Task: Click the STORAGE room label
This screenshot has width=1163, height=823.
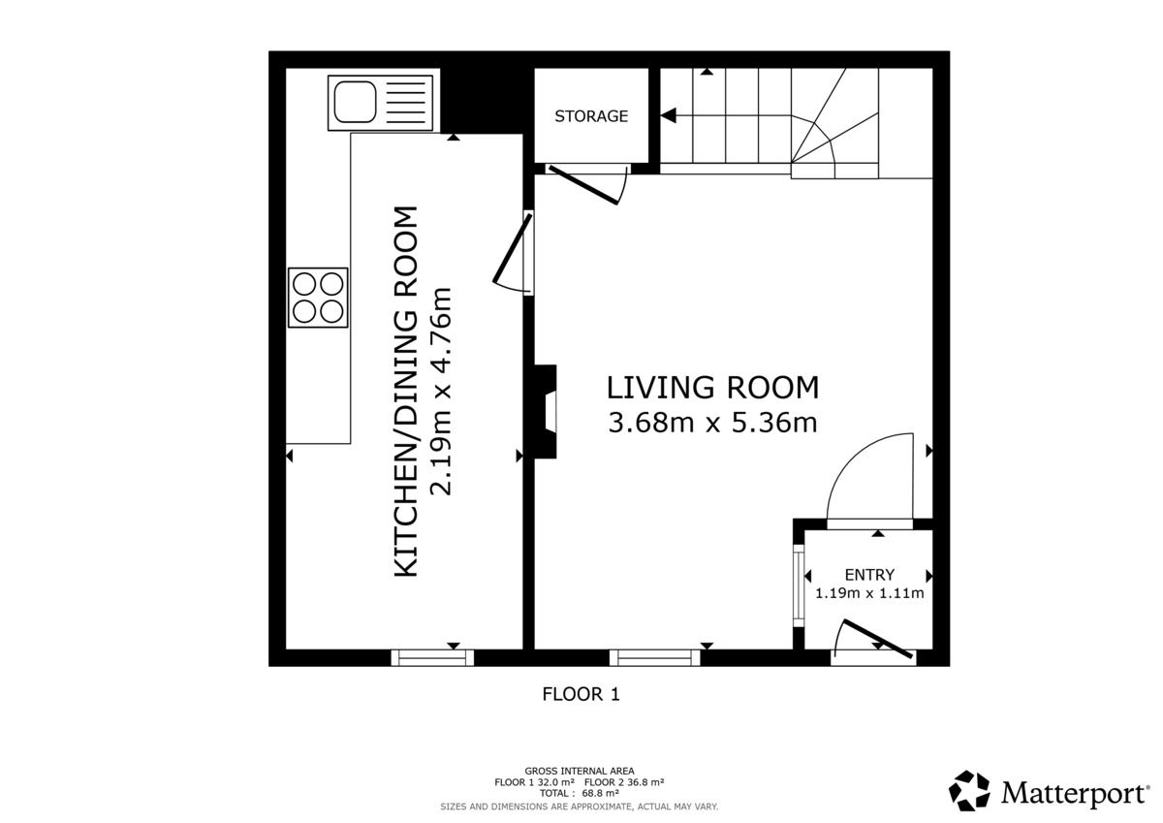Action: click(x=591, y=115)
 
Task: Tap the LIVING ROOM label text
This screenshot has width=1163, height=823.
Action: click(x=713, y=388)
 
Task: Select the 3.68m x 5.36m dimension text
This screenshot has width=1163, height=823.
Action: click(x=713, y=423)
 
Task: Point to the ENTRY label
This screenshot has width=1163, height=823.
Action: click(x=869, y=575)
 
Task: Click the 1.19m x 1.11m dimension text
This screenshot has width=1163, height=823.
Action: click(x=869, y=593)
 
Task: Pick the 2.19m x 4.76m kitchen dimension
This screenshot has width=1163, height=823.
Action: click(x=442, y=391)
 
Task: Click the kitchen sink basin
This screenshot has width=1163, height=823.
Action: click(x=355, y=102)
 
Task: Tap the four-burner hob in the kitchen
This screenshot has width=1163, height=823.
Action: click(x=318, y=298)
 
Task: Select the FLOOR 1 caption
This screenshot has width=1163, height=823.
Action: click(x=581, y=694)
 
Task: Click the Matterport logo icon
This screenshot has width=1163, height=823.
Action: click(x=969, y=790)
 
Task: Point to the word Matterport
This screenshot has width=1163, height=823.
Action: click(x=1075, y=794)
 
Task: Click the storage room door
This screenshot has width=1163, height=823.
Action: click(x=583, y=185)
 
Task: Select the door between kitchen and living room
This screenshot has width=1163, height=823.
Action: click(x=512, y=248)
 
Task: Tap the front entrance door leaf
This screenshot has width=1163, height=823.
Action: click(x=877, y=639)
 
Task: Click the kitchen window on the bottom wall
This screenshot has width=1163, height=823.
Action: click(x=432, y=657)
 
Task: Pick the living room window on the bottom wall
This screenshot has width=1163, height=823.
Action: click(x=655, y=657)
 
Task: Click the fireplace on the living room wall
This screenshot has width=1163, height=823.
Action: click(x=545, y=412)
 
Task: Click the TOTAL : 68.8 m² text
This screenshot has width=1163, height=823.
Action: click(x=579, y=793)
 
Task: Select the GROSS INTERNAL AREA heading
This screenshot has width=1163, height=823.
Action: click(x=580, y=771)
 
